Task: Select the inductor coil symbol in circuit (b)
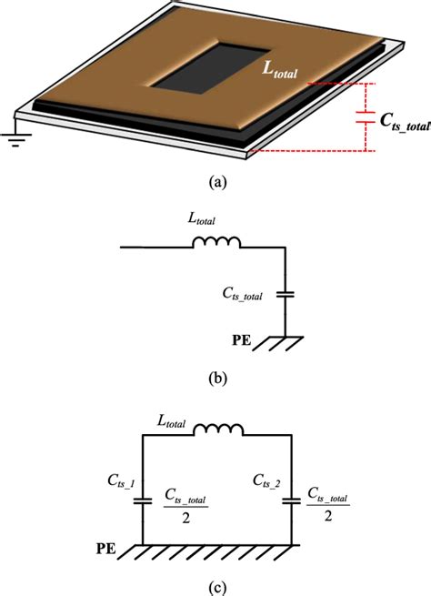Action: click(215, 243)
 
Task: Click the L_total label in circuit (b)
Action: click(210, 221)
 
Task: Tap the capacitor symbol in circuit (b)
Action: click(285, 295)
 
